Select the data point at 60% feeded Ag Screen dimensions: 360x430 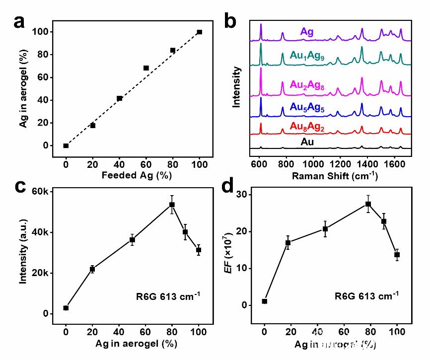(146, 68)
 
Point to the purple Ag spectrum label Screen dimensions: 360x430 (306, 32)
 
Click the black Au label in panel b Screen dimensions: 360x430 (307, 143)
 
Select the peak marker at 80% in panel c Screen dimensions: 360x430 (172, 205)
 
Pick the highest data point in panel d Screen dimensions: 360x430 (368, 204)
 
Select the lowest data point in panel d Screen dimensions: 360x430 (265, 301)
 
